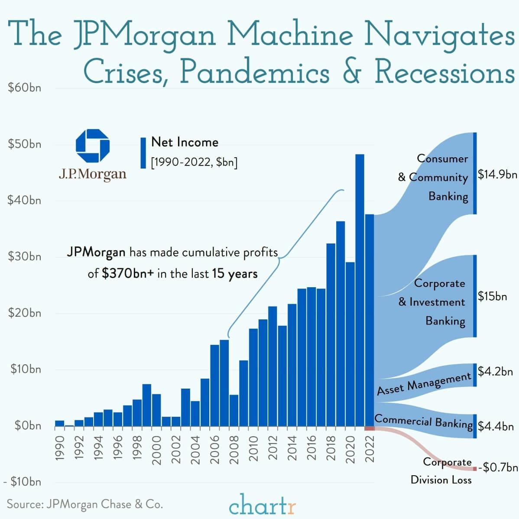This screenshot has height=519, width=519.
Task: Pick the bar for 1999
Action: [147, 405]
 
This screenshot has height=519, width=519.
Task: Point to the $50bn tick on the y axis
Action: [25, 144]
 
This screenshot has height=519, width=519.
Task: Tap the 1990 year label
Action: [60, 448]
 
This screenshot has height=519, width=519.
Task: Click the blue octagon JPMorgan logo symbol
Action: [93, 146]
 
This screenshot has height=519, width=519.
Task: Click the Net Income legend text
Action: [185, 142]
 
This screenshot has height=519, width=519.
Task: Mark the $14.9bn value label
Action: [497, 174]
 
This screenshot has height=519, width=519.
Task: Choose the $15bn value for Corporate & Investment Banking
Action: [492, 296]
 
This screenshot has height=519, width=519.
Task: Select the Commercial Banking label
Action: [423, 421]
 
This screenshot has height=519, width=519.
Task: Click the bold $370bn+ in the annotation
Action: [128, 274]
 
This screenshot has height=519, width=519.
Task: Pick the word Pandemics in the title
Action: [254, 72]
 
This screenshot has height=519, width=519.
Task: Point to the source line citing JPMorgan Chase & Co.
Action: [85, 504]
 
